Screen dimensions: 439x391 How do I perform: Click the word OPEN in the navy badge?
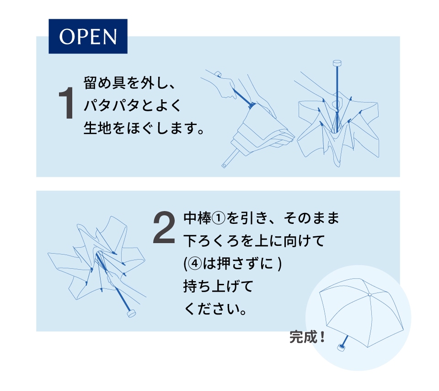click(88, 37)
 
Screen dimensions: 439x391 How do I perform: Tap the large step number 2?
click(164, 228)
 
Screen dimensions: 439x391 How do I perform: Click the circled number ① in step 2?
click(219, 218)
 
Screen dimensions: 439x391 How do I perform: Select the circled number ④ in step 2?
click(195, 264)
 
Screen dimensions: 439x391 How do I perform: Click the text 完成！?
click(307, 337)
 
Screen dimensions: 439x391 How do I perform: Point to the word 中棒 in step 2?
click(198, 218)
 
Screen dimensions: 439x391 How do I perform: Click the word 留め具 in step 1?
click(105, 83)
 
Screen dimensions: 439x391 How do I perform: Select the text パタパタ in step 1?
click(112, 105)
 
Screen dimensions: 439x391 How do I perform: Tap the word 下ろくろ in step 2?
click(211, 241)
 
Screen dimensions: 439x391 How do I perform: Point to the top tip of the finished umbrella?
click(369, 294)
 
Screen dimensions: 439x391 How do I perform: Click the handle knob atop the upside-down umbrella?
click(337, 63)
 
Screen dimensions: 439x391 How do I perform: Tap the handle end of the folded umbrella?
click(224, 165)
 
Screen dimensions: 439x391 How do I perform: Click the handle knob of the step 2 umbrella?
click(131, 313)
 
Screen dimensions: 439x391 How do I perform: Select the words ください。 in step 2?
click(215, 309)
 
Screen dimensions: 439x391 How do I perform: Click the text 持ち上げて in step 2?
click(219, 286)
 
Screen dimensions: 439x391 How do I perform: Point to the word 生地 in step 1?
click(98, 128)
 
